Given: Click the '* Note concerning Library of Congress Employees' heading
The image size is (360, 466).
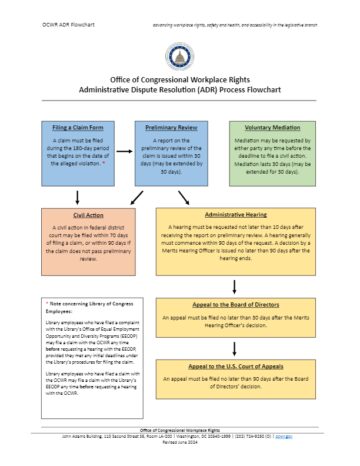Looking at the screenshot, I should [80, 306].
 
